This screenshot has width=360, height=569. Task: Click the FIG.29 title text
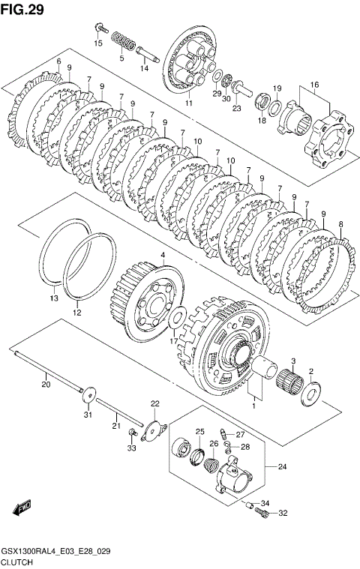tap(22, 10)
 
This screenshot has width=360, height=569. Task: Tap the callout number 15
tap(98, 43)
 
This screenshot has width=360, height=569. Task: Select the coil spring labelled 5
tap(123, 41)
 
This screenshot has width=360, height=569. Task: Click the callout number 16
tap(314, 85)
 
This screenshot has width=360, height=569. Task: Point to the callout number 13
tap(54, 298)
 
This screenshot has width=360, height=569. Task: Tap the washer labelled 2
tap(311, 392)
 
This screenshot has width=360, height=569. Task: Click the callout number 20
tap(46, 385)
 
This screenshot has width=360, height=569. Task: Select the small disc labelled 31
tap(88, 394)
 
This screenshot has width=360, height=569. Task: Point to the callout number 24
tap(282, 466)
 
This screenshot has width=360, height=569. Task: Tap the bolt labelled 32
tap(262, 512)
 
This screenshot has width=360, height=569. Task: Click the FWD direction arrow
tap(22, 508)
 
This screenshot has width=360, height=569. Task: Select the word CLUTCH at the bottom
tap(17, 562)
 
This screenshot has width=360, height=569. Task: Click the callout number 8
tap(340, 224)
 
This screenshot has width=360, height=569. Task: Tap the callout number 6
tap(58, 61)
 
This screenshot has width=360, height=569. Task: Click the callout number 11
tap(189, 103)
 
